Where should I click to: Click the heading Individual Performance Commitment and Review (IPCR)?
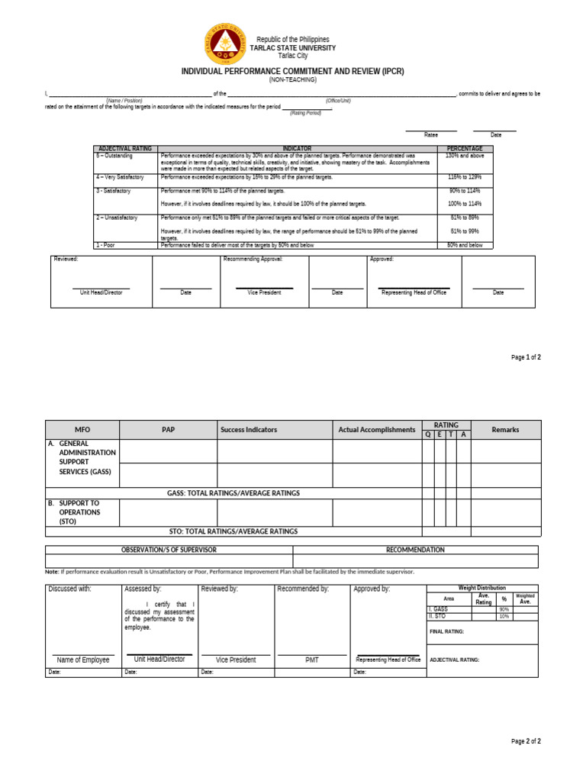pyautogui.click(x=292, y=71)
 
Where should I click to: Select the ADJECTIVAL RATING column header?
pyautogui.click(x=124, y=149)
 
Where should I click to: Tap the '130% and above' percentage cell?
pyautogui.click(x=465, y=156)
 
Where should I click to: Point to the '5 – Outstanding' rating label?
pyautogui.click(x=114, y=156)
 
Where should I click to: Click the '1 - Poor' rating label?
pyautogui.click(x=105, y=245)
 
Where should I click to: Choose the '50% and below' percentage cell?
pyautogui.click(x=465, y=245)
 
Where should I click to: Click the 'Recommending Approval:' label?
pyautogui.click(x=253, y=260)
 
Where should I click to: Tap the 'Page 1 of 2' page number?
pyautogui.click(x=526, y=357)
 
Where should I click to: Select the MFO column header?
pyautogui.click(x=82, y=430)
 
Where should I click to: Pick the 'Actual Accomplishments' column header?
pyautogui.click(x=377, y=430)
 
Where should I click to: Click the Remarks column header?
pyautogui.click(x=505, y=430)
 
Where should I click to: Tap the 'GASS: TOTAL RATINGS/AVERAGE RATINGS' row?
pyautogui.click(x=233, y=493)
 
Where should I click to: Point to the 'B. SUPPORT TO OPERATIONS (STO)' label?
pyautogui.click(x=79, y=512)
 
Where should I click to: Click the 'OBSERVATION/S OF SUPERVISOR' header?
pyautogui.click(x=169, y=550)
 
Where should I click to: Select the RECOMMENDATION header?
pyautogui.click(x=415, y=550)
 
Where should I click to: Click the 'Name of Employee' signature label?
pyautogui.click(x=83, y=660)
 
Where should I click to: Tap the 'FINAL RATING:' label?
pyautogui.click(x=447, y=631)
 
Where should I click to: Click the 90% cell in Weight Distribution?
pyautogui.click(x=504, y=609)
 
